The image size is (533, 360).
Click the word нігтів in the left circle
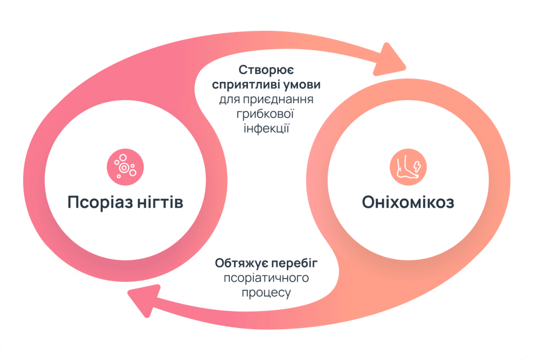point(159,203)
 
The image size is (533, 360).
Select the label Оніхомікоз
point(408,202)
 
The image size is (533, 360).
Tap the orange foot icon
point(408,165)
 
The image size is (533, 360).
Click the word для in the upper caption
point(229,100)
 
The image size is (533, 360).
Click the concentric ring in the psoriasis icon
point(124,168)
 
